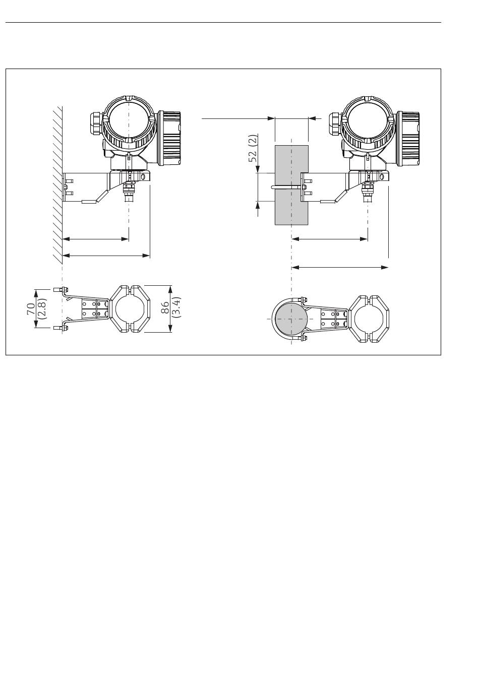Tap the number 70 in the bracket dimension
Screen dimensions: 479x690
(31, 308)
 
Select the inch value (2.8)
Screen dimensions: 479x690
(41, 308)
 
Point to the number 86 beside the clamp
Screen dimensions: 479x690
(165, 307)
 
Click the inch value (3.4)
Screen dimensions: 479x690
(176, 307)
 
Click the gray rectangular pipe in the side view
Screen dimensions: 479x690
(291, 185)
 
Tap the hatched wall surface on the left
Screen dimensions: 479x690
(57, 185)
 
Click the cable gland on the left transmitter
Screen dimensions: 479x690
(96, 124)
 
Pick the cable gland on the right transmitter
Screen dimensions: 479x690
(335, 124)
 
